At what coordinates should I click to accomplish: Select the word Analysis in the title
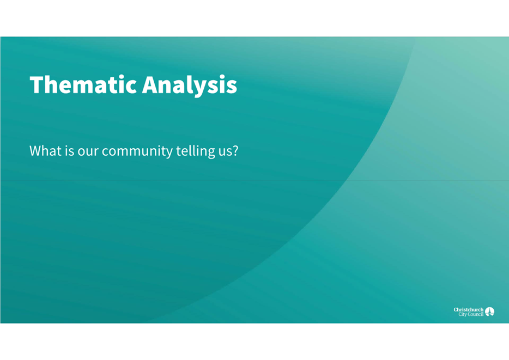pyautogui.click(x=190, y=85)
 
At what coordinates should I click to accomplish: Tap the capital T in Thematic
pyautogui.click(x=37, y=85)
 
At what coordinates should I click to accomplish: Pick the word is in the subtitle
pyautogui.click(x=69, y=151)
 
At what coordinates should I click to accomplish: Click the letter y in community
pyautogui.click(x=168, y=153)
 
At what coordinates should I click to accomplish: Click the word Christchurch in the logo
pyautogui.click(x=468, y=309)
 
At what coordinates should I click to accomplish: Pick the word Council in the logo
pyautogui.click(x=474, y=315)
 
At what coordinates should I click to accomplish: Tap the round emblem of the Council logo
pyautogui.click(x=490, y=312)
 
